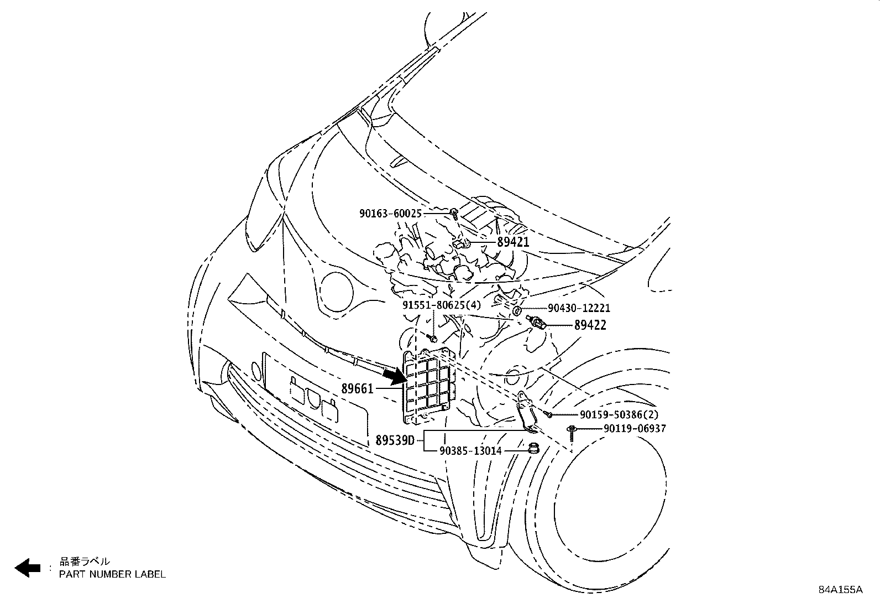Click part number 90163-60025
point(390,213)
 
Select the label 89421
point(512,242)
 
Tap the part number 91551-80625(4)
point(441,305)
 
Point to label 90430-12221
point(579,308)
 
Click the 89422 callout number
point(590,325)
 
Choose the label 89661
point(358,389)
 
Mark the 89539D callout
point(395,441)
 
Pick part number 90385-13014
point(471,451)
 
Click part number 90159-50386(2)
point(611,414)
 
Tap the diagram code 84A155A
point(840,590)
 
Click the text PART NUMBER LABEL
point(112,574)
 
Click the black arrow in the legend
point(27,568)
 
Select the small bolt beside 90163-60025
point(454,213)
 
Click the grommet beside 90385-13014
point(533,449)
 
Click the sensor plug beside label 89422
point(538,323)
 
